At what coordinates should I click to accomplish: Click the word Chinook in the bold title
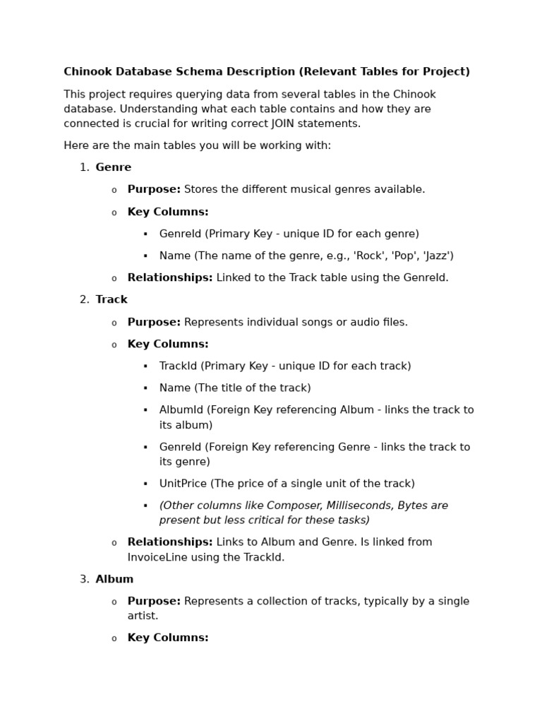pyautogui.click(x=86, y=71)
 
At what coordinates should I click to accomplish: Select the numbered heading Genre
pyautogui.click(x=114, y=167)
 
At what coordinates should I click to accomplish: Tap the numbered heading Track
pyautogui.click(x=112, y=299)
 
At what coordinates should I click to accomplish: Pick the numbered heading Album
pyautogui.click(x=114, y=579)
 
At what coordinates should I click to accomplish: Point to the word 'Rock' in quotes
pyautogui.click(x=371, y=256)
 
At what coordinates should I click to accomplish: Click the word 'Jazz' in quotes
pyautogui.click(x=438, y=256)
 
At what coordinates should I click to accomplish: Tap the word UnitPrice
pyautogui.click(x=183, y=484)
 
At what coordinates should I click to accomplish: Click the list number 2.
pyautogui.click(x=84, y=299)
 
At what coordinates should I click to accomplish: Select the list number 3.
pyautogui.click(x=84, y=579)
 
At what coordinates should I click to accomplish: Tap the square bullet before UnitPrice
pyautogui.click(x=145, y=484)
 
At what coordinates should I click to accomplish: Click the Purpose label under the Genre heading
pyautogui.click(x=154, y=189)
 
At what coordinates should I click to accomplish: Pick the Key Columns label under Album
pyautogui.click(x=168, y=638)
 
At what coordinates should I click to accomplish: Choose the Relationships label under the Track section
pyautogui.click(x=169, y=542)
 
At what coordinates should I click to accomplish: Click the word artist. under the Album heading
pyautogui.click(x=143, y=616)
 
